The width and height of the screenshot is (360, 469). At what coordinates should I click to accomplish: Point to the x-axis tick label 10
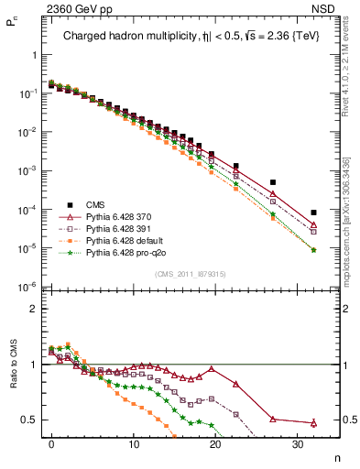134,444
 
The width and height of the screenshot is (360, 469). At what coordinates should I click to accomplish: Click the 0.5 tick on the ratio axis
28,420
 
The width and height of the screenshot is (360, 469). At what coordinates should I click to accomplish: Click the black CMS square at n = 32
313,213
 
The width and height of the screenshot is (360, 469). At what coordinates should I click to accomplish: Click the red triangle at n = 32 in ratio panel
313,422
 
